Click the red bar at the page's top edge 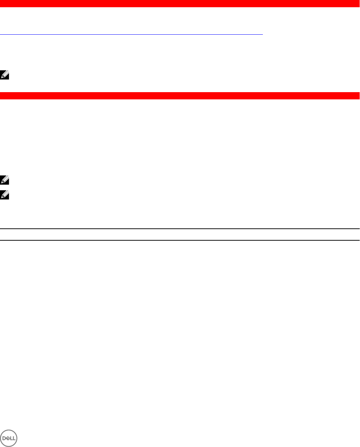pyautogui.click(x=180, y=4)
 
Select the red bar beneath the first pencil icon pyautogui.click(x=180, y=96)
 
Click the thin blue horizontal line pyautogui.click(x=131, y=34)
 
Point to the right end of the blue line pyautogui.click(x=263, y=34)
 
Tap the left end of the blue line pyautogui.click(x=0, y=34)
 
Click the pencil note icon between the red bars pyautogui.click(x=4, y=75)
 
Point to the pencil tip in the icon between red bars pyautogui.click(x=1, y=77)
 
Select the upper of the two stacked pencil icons pyautogui.click(x=4, y=180)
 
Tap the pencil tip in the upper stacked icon pyautogui.click(x=1, y=182)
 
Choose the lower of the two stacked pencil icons pyautogui.click(x=4, y=195)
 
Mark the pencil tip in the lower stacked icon pyautogui.click(x=1, y=198)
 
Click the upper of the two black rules pyautogui.click(x=180, y=228)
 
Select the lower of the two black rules pyautogui.click(x=180, y=240)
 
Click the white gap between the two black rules pyautogui.click(x=180, y=234)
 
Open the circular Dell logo pyautogui.click(x=9, y=438)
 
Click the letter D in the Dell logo pyautogui.click(x=4, y=438)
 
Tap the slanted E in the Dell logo pyautogui.click(x=8, y=438)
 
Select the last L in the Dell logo pyautogui.click(x=14, y=438)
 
